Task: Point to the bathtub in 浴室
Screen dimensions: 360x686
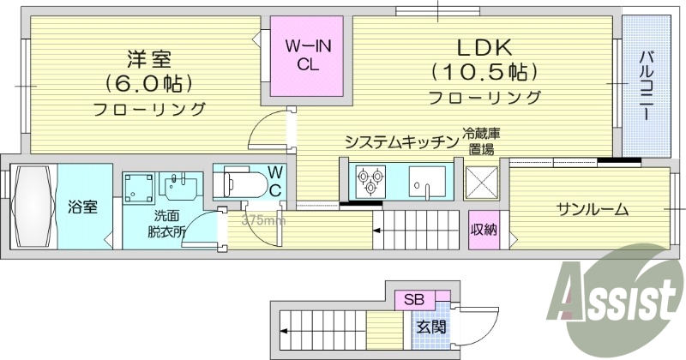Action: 33,206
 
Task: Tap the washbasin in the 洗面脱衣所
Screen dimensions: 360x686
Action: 181,183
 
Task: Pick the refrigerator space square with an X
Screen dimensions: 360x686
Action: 481,183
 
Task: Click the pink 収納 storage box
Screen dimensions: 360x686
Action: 483,229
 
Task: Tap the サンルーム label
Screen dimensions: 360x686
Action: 593,209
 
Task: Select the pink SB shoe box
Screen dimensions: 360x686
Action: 414,300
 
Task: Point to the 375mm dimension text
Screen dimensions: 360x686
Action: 263,220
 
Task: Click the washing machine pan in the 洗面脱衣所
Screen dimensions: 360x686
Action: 139,187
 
